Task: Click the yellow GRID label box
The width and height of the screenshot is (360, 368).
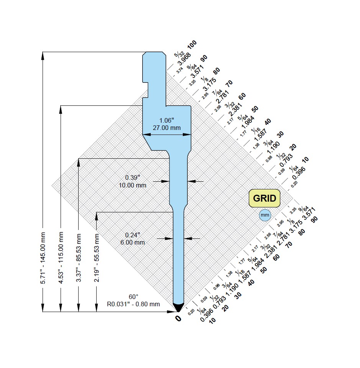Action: click(x=265, y=199)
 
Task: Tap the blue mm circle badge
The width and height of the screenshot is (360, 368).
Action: click(x=265, y=215)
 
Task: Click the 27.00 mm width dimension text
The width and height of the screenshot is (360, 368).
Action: click(x=167, y=128)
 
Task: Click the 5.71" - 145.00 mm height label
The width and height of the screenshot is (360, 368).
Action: click(x=43, y=258)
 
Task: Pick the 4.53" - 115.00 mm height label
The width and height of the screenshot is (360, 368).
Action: click(x=61, y=258)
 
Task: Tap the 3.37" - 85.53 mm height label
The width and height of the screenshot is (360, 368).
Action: click(x=79, y=258)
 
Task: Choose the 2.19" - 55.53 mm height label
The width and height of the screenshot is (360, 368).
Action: click(x=97, y=258)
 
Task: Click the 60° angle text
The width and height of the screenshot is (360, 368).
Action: click(x=133, y=297)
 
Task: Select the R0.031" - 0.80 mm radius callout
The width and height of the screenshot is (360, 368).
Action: click(x=133, y=304)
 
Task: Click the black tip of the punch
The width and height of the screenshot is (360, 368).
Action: click(x=178, y=307)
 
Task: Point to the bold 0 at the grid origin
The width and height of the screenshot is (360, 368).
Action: click(x=178, y=319)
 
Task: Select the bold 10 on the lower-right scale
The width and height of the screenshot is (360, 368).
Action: click(x=212, y=320)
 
